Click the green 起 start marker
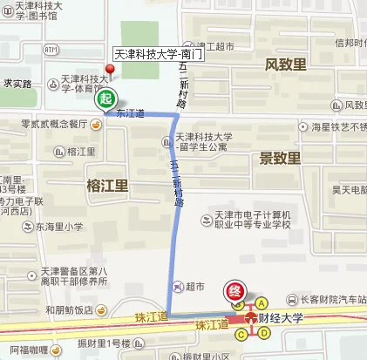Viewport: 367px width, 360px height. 105,98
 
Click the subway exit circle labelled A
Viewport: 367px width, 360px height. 260,302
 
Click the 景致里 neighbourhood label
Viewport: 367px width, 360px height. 280,158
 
